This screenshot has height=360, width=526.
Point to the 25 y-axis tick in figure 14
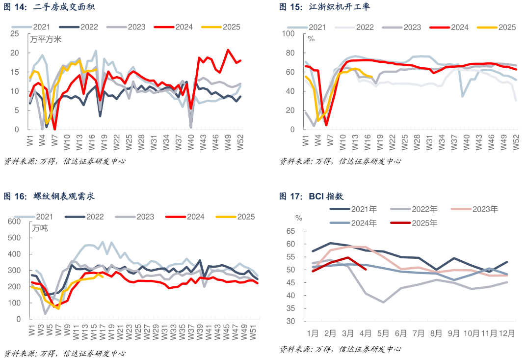pos(15,33)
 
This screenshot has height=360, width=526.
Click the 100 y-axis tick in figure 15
pos(288,33)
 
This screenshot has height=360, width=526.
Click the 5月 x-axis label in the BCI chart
pos(383,333)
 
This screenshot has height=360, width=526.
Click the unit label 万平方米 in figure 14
pos(46,40)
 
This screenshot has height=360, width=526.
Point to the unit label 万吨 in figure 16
pos(40,228)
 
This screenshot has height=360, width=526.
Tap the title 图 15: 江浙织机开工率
pos(325,7)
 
